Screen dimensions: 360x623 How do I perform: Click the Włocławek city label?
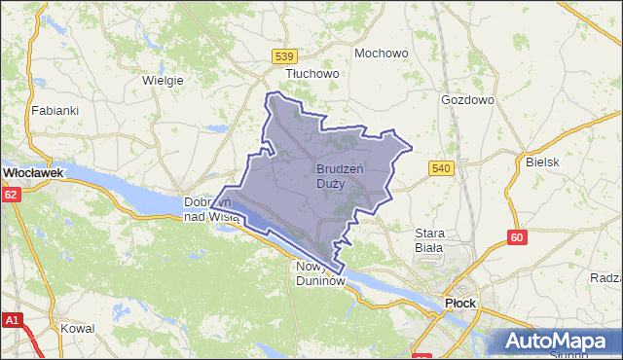click(x=33, y=172)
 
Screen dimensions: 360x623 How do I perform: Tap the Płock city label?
click(x=459, y=303)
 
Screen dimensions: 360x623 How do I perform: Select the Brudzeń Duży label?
click(x=340, y=176)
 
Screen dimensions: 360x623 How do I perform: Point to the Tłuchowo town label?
click(x=311, y=73)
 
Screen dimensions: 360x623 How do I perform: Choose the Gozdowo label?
click(x=467, y=100)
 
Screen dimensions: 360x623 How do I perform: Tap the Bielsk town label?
click(x=542, y=162)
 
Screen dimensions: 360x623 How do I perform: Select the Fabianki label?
click(x=55, y=110)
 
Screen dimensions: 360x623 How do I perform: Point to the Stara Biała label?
click(x=429, y=240)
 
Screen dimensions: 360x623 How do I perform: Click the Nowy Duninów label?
click(x=320, y=273)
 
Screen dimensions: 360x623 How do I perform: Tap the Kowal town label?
click(x=77, y=329)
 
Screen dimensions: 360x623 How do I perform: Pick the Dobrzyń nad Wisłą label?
click(x=212, y=209)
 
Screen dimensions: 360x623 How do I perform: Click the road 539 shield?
click(x=284, y=55)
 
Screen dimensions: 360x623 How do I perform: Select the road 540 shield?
click(x=441, y=168)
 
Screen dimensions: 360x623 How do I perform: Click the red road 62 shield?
click(x=10, y=195)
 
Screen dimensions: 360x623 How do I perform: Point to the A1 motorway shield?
click(x=12, y=319)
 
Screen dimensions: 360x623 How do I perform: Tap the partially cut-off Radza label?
click(x=605, y=277)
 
